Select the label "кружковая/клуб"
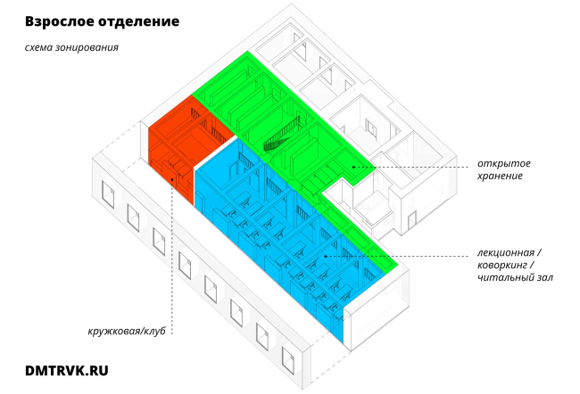click(128, 331)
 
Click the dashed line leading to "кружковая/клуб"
click(171, 259)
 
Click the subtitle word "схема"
click(41, 47)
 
